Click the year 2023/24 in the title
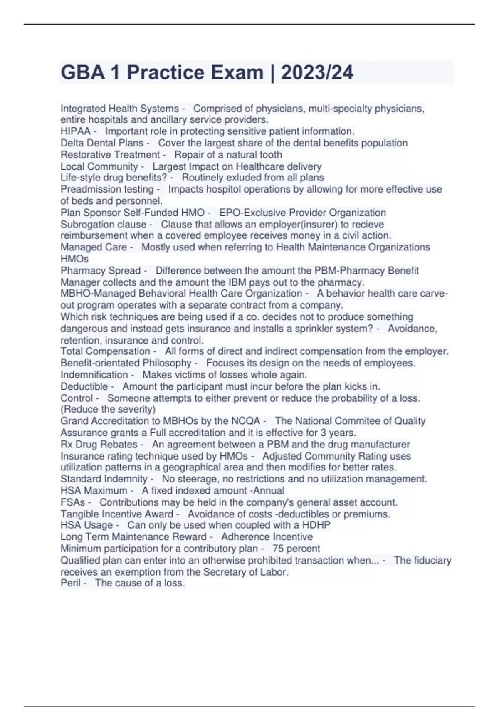[317, 72]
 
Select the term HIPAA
[75, 131]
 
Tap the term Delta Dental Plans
[102, 143]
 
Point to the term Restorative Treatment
[110, 155]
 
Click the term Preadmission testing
[107, 189]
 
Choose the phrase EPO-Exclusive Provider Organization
[302, 213]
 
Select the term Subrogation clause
[104, 224]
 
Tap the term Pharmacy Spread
[101, 270]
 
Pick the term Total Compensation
[105, 351]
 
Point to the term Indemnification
[94, 375]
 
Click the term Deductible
[84, 386]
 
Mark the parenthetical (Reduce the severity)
[108, 409]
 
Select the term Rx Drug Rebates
[99, 444]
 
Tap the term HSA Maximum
[94, 491]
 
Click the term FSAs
[73, 502]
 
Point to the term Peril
[70, 583]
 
